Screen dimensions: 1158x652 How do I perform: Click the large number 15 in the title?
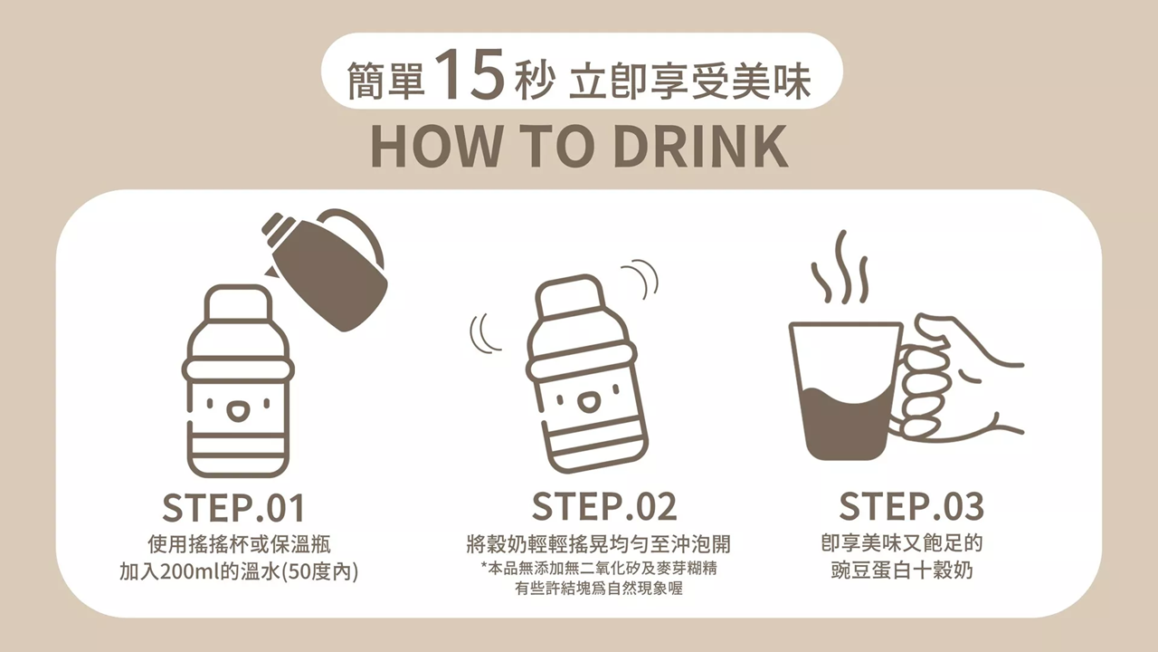point(470,73)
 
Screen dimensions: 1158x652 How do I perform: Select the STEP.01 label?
point(233,508)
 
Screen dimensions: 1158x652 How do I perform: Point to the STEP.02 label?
point(603,506)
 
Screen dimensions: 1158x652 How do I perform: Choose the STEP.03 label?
point(911,506)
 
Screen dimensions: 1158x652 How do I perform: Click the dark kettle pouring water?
point(327,269)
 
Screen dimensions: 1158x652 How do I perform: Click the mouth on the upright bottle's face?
point(237,412)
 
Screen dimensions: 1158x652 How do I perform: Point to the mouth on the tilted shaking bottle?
point(588,403)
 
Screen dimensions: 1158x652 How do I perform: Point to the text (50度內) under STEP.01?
point(320,571)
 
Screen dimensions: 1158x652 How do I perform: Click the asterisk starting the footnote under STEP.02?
point(484,566)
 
